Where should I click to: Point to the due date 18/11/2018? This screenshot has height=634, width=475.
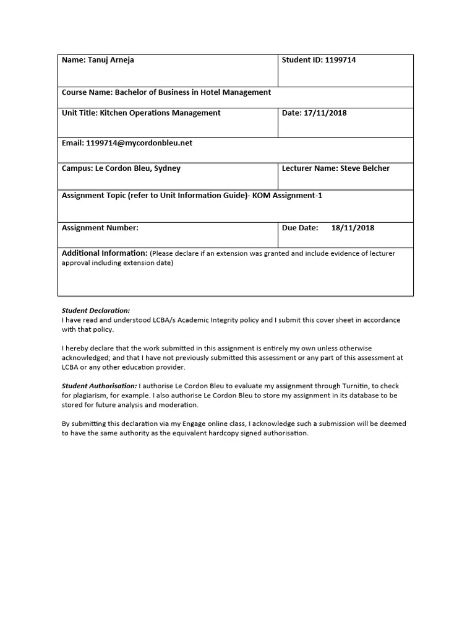pos(353,228)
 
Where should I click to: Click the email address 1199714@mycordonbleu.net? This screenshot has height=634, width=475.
pos(139,142)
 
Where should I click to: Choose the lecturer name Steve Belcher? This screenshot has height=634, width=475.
pos(365,168)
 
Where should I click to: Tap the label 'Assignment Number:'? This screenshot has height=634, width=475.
pos(100,228)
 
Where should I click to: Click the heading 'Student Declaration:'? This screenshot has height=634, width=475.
pos(96,310)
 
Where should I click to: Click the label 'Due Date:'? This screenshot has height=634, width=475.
pos(300,228)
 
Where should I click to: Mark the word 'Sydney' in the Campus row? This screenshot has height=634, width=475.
pos(167,168)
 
